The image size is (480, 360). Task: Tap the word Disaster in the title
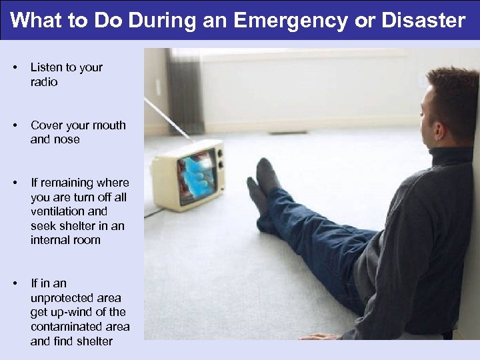click(423, 21)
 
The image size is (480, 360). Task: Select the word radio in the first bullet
click(44, 82)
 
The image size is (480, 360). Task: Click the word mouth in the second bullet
click(109, 125)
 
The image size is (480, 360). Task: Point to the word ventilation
click(59, 211)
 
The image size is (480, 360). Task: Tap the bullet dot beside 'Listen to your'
click(15, 68)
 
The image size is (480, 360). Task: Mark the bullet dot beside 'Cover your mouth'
click(15, 125)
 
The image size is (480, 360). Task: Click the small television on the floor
click(187, 175)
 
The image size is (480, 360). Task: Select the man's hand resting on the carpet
click(318, 336)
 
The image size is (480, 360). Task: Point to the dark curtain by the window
click(183, 87)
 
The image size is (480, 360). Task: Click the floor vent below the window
click(287, 132)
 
